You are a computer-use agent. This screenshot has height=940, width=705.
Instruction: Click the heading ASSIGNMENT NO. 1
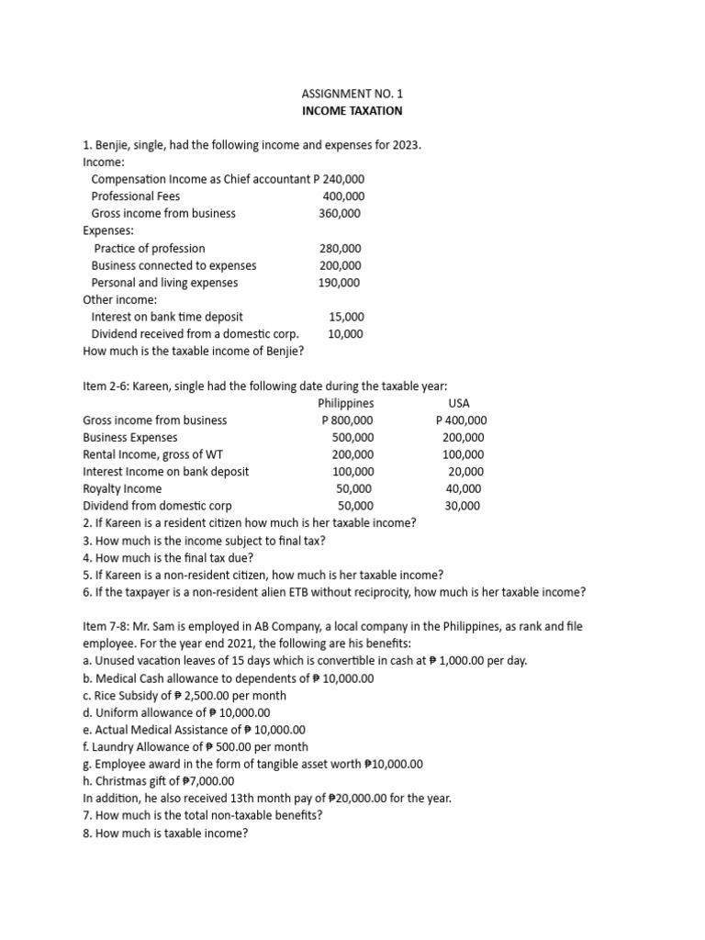click(x=352, y=94)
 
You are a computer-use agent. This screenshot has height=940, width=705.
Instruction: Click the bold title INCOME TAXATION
click(x=352, y=111)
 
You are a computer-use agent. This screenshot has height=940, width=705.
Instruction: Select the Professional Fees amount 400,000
click(x=343, y=196)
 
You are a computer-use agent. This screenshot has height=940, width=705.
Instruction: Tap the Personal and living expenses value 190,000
click(x=340, y=283)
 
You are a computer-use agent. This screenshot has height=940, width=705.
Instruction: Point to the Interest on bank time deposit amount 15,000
click(x=346, y=317)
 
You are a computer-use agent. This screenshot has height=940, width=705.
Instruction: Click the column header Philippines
click(x=345, y=403)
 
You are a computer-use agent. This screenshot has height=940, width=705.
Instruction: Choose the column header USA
click(x=459, y=403)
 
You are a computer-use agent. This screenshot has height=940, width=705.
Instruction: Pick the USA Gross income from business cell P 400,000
click(x=462, y=420)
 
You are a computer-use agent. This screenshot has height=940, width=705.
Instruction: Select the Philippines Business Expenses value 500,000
click(x=352, y=438)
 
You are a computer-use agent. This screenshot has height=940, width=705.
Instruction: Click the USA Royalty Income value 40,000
click(x=464, y=489)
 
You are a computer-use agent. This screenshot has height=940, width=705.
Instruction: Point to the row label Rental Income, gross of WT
click(x=152, y=454)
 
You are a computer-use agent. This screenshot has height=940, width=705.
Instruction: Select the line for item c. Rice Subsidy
click(x=185, y=695)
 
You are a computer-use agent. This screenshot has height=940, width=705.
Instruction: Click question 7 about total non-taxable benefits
click(x=203, y=815)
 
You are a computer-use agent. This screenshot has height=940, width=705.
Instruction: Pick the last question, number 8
click(x=166, y=833)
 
